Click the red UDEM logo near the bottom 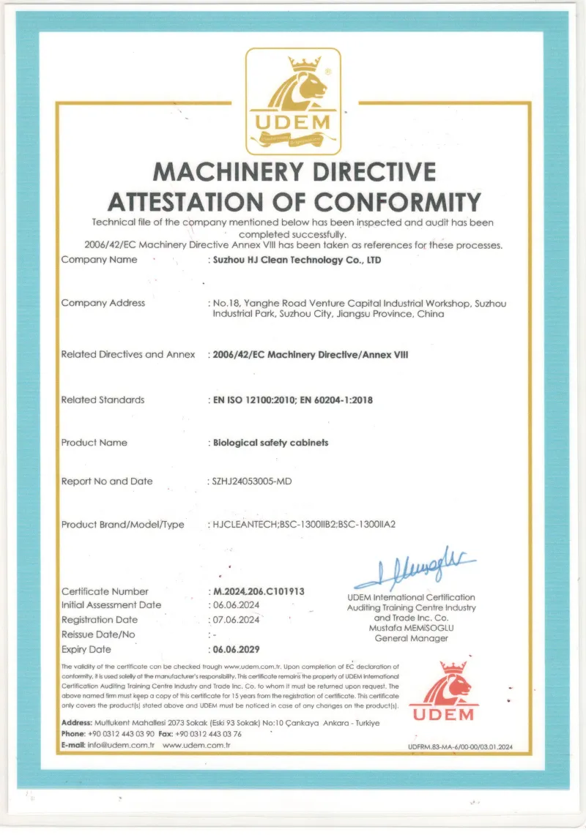pyautogui.click(x=442, y=692)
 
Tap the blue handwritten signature pyautogui.click(x=415, y=568)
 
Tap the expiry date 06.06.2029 pyautogui.click(x=236, y=650)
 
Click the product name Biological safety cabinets pyautogui.click(x=270, y=443)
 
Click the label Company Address pyautogui.click(x=103, y=303)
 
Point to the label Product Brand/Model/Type pyautogui.click(x=123, y=525)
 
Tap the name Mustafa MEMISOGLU pyautogui.click(x=411, y=628)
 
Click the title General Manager pyautogui.click(x=411, y=638)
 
